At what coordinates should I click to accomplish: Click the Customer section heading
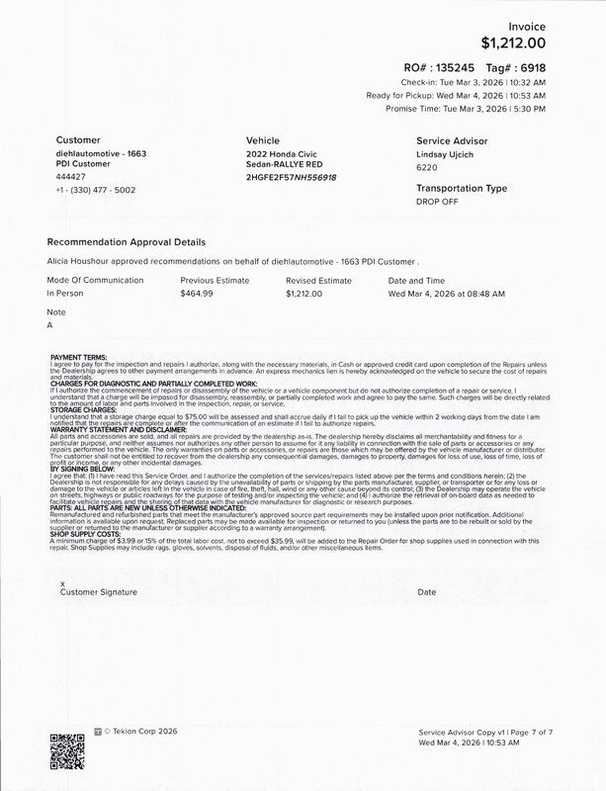(x=78, y=140)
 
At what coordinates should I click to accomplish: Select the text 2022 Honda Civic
(x=282, y=156)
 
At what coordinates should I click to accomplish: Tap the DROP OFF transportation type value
(x=438, y=202)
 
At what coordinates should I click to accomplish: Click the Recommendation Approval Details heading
(x=127, y=241)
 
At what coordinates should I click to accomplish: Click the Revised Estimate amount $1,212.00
(x=306, y=294)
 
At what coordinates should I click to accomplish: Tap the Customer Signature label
(x=99, y=592)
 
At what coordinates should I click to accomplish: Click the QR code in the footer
(x=67, y=752)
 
